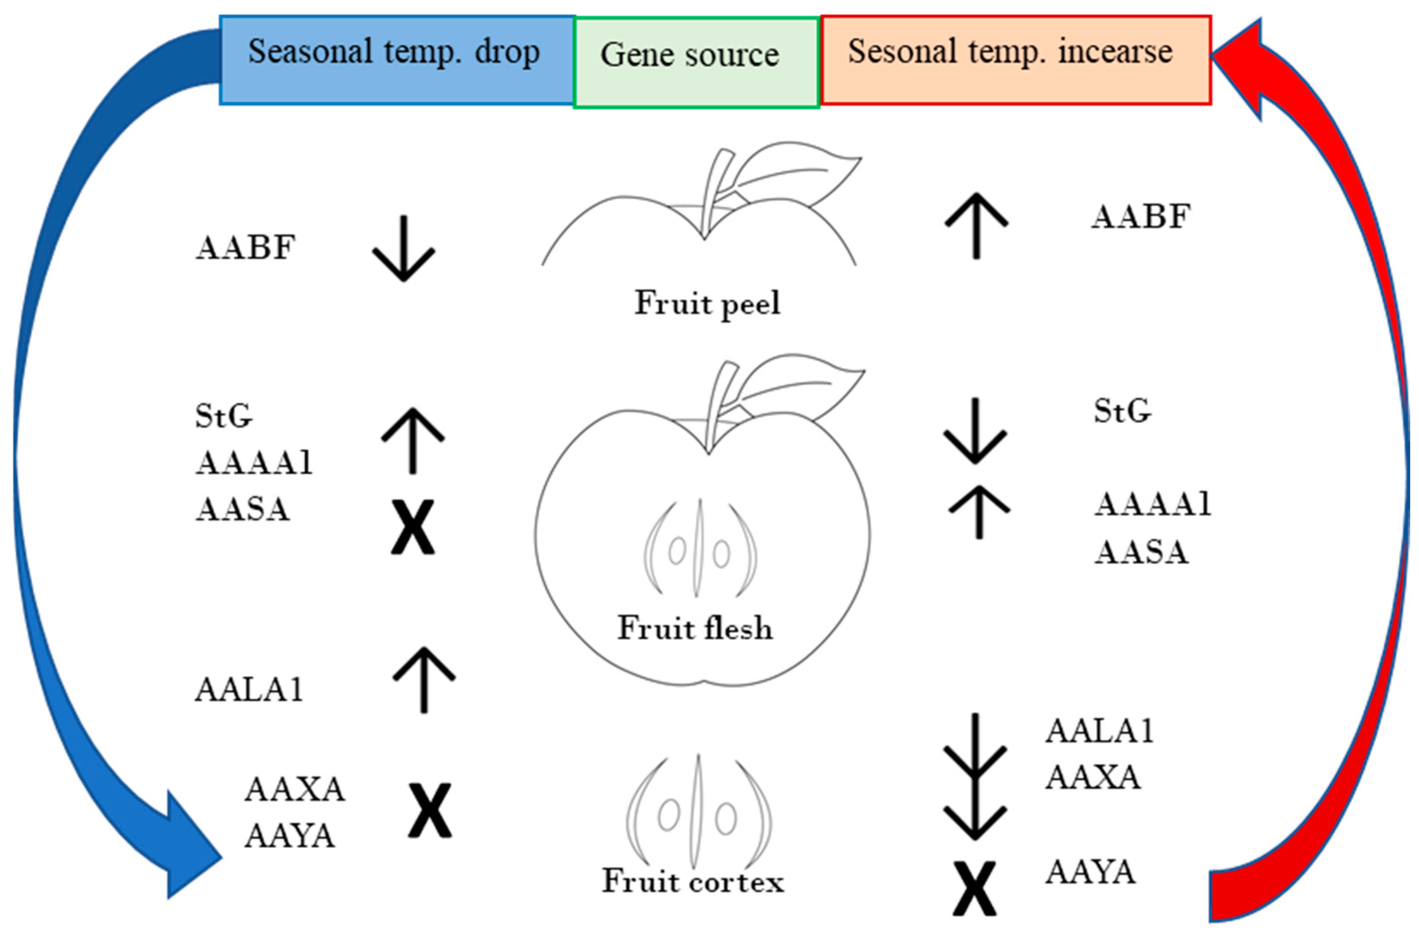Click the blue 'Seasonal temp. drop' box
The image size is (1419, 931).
point(396,60)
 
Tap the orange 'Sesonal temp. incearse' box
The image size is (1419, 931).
point(1015,60)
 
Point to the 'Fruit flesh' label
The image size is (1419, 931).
point(695,628)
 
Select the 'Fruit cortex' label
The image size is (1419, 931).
point(693,881)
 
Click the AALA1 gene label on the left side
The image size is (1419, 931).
point(249,690)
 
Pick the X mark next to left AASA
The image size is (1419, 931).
point(412,527)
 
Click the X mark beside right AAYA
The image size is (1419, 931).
point(974,889)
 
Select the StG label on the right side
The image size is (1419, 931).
point(1121,411)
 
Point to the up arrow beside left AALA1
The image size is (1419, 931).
point(424,680)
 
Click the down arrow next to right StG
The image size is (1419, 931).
point(975,430)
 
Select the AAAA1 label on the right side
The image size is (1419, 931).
point(1152,504)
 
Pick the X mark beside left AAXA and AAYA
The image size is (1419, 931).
point(430,811)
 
